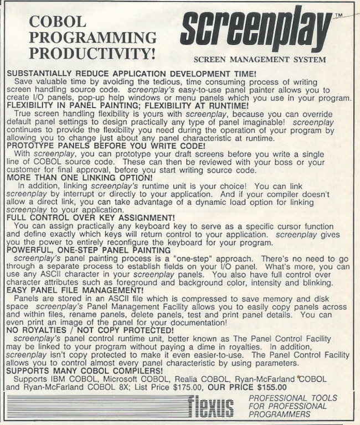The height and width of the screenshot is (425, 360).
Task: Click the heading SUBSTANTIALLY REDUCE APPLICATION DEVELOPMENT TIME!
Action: coord(140,72)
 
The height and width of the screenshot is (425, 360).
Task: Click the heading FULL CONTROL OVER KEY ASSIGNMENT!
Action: coord(96,232)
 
